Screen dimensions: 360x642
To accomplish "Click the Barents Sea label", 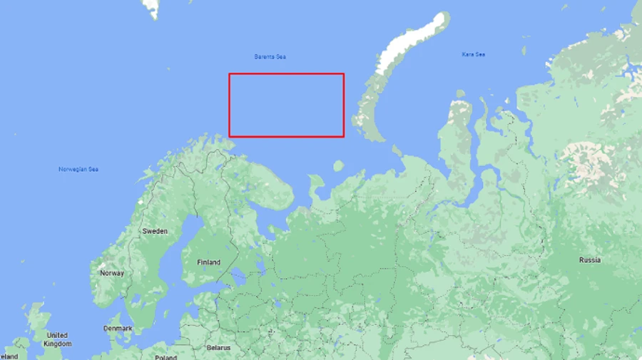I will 270,56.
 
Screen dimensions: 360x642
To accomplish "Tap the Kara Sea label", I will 473,54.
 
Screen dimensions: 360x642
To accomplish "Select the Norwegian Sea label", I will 78,169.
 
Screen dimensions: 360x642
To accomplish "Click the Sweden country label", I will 155,231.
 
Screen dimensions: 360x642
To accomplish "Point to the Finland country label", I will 208,262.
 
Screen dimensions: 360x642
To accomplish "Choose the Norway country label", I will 112,273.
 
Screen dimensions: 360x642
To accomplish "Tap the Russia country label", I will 589,260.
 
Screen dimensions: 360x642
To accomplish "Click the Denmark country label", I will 117,329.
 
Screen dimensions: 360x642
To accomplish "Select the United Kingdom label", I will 57,339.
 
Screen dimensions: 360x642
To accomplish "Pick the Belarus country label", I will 218,348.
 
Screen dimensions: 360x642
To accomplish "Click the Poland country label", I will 165,357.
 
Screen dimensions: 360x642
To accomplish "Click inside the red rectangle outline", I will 286,105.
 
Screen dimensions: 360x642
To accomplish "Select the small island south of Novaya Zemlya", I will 339,166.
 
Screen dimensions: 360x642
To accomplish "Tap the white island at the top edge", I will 151,8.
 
